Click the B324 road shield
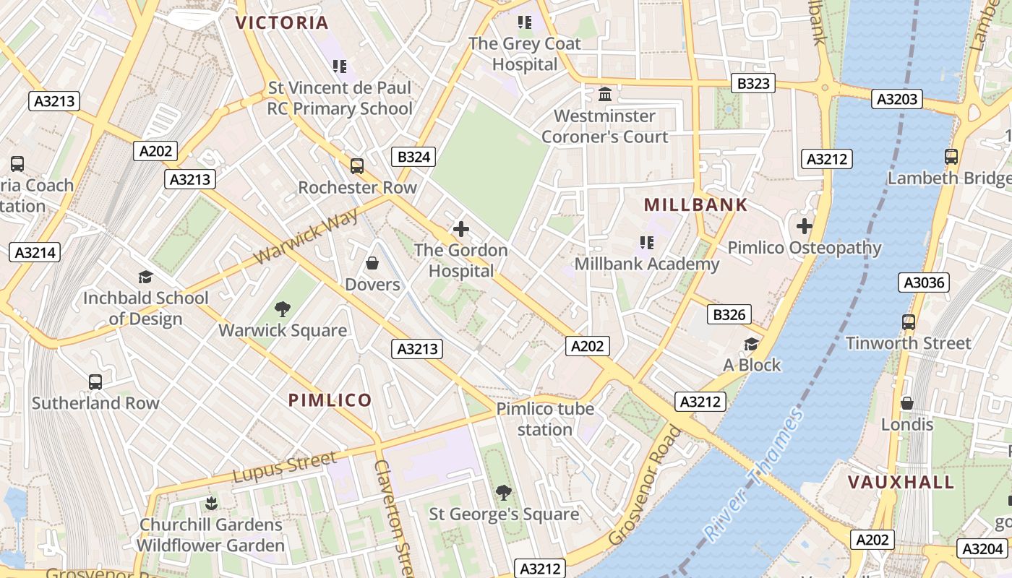[x=414, y=157]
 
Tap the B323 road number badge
[x=753, y=83]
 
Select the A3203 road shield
[x=897, y=99]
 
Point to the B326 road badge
[x=729, y=314]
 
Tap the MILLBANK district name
[x=695, y=205]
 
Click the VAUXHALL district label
[x=901, y=482]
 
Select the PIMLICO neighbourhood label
[x=330, y=400]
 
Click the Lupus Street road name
[x=285, y=467]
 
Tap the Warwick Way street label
[x=306, y=237]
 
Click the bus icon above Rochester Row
[x=357, y=166]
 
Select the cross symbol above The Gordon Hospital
[x=461, y=230]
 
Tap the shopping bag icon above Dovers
[x=372, y=263]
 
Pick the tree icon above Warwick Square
[x=283, y=309]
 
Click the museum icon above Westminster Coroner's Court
[x=605, y=95]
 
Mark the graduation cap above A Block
[x=752, y=344]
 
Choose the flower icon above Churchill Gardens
[x=211, y=502]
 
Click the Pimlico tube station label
[x=545, y=419]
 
